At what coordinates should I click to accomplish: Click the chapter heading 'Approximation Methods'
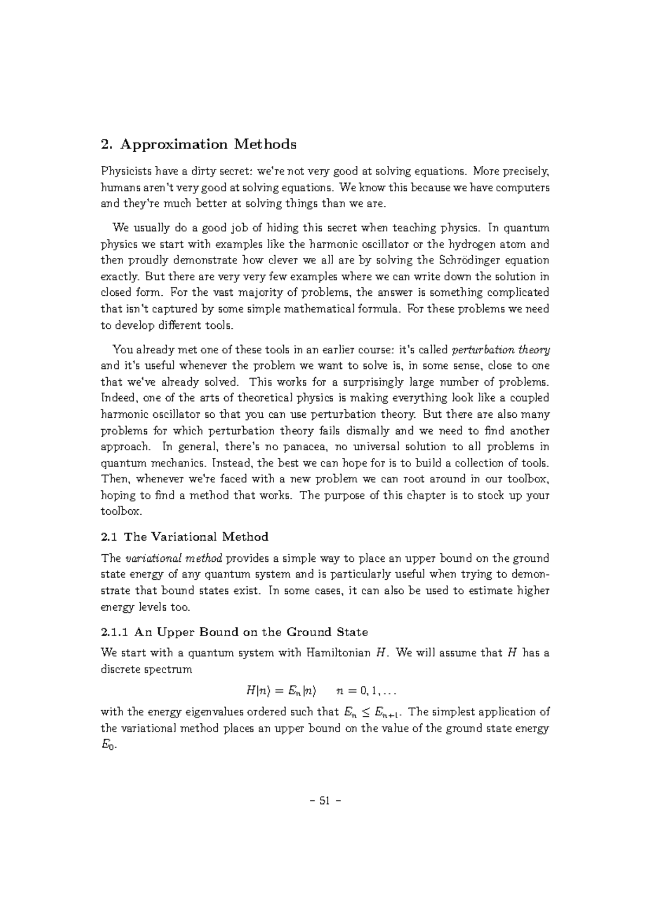[x=208, y=145]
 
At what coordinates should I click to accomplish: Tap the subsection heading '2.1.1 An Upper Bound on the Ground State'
[x=235, y=632]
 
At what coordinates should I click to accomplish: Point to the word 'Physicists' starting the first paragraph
[x=126, y=172]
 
